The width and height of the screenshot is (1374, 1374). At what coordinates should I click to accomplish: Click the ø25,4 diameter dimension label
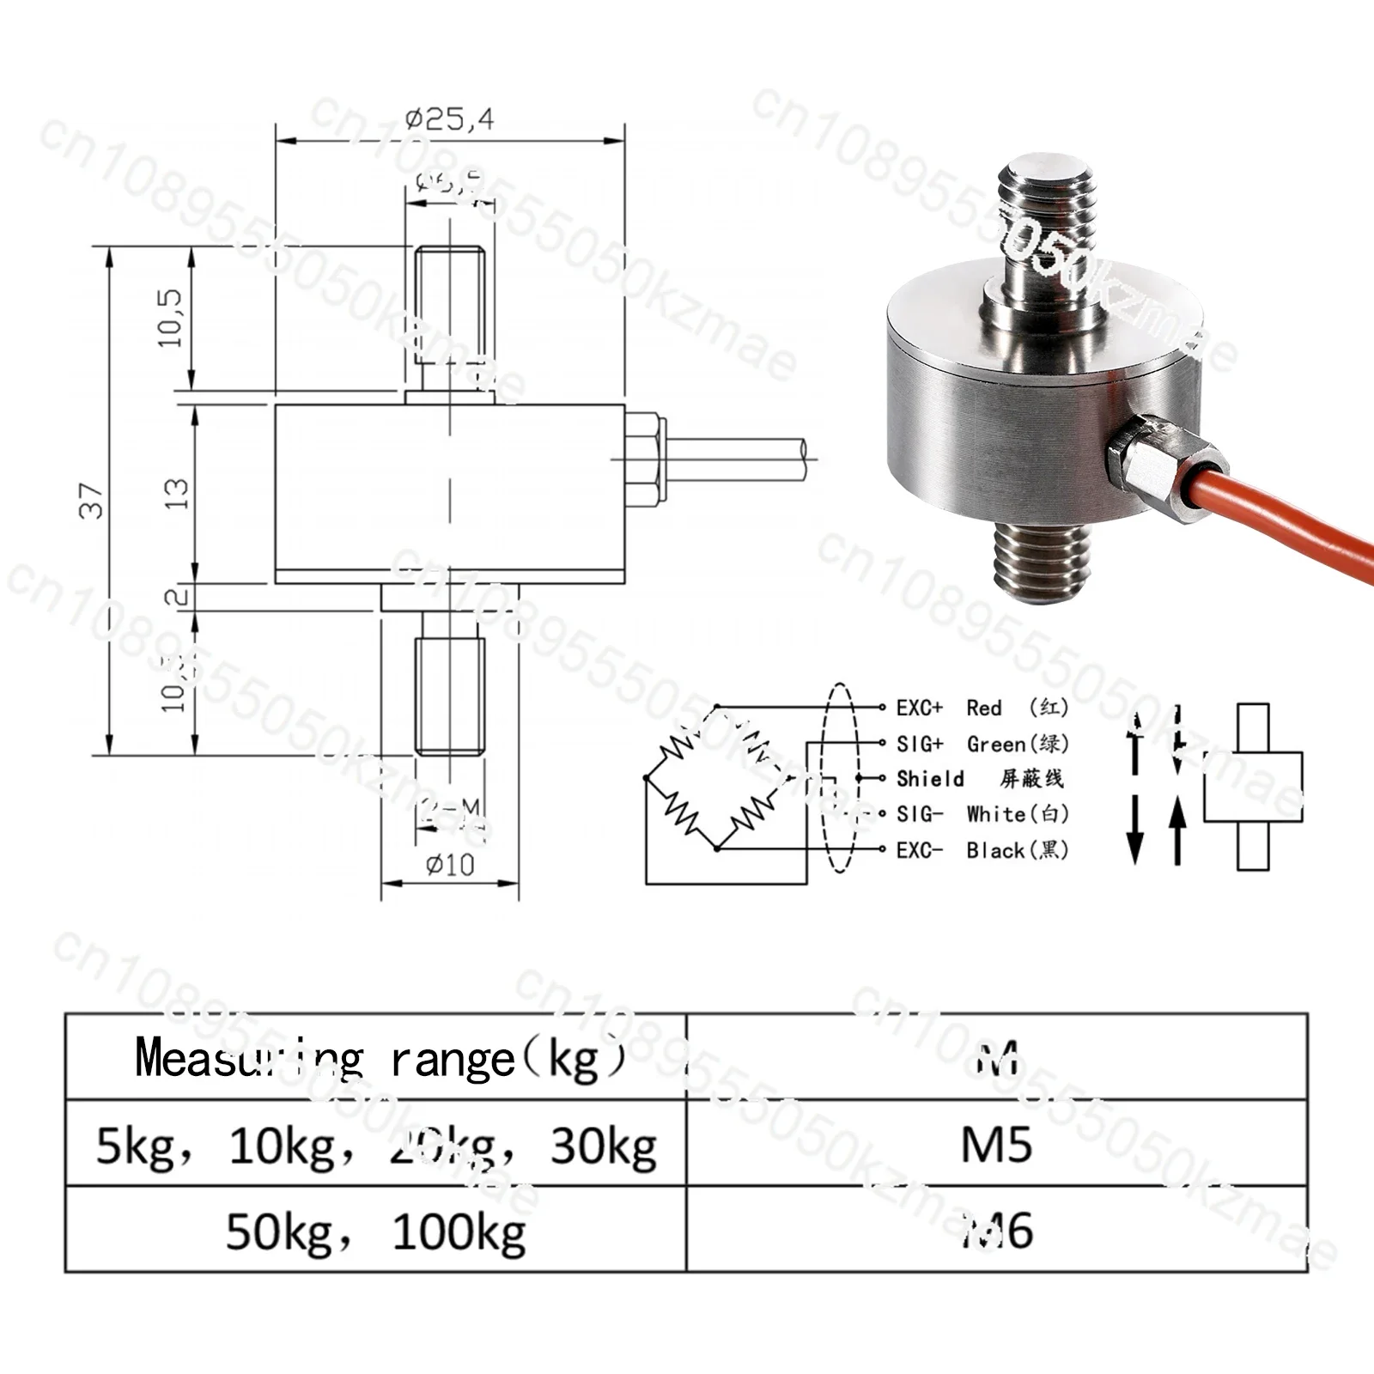pos(449,119)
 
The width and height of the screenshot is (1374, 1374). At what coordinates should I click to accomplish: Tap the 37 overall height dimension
pos(92,501)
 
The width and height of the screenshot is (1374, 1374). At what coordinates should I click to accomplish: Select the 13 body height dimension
pos(176,494)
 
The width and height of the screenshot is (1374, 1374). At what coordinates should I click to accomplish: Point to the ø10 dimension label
pos(449,865)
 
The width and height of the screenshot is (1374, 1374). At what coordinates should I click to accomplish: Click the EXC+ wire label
pos(919,708)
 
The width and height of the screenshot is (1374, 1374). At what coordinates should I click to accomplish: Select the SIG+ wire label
pos(919,744)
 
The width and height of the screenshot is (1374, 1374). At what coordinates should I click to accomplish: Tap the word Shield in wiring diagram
pos(930,779)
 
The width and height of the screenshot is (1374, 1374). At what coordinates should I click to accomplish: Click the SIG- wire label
pos(919,814)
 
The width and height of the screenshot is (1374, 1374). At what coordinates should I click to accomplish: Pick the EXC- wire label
pos(919,850)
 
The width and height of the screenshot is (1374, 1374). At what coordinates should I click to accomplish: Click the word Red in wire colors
pos(983,708)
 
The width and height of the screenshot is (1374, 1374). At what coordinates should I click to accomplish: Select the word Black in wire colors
pos(995,850)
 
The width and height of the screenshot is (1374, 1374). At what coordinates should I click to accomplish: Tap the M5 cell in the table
pos(996,1144)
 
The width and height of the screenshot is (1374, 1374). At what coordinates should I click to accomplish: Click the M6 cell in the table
pos(996,1230)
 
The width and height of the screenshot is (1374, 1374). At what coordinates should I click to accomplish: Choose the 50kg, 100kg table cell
pos(375,1231)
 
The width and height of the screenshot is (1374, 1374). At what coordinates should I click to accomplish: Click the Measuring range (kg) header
pos(378,1058)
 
